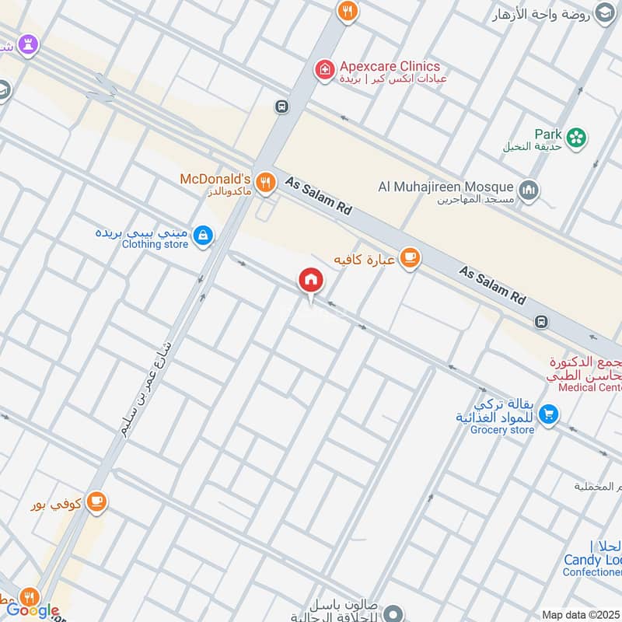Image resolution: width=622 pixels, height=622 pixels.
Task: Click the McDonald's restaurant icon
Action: (x=266, y=183)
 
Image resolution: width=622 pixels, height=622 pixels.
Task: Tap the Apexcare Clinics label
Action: (x=389, y=67)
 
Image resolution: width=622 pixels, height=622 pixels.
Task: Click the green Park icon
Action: (x=576, y=138)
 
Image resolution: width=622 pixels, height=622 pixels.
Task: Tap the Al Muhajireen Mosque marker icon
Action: (x=529, y=190)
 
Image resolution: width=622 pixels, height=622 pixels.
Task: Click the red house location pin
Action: (x=310, y=281)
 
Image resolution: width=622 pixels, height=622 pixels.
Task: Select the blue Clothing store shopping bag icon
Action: (x=203, y=235)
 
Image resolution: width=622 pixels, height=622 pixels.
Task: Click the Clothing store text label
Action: (x=155, y=244)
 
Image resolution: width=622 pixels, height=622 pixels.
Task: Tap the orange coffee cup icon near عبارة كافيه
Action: (x=410, y=259)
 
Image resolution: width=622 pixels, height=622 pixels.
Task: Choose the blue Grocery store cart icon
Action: (x=549, y=414)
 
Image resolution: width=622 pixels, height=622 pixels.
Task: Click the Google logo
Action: (x=33, y=611)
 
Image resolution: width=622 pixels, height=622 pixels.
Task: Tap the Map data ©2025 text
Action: (x=580, y=615)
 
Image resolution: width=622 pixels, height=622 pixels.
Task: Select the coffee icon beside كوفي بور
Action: (x=96, y=501)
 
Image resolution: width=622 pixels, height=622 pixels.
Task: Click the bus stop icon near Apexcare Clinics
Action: (x=281, y=107)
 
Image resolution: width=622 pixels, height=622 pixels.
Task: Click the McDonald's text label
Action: (x=215, y=179)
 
